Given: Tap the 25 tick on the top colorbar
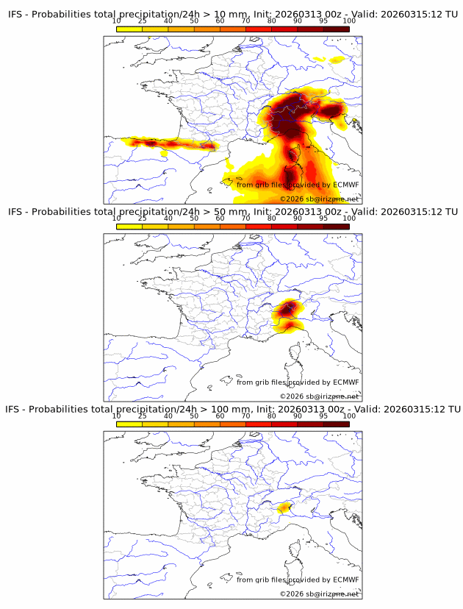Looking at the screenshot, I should coord(143,21).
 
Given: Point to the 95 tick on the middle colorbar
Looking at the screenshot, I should coord(323,218).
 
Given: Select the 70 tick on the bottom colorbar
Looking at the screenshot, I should coord(245,416).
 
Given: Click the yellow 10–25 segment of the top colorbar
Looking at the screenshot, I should coord(129,29).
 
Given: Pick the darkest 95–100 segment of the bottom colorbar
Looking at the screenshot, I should coord(337,424).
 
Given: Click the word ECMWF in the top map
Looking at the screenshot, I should coord(346,185).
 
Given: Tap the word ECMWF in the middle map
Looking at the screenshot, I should coord(346,382).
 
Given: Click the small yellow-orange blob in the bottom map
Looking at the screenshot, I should coord(284,506).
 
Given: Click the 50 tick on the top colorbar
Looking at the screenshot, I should coord(194,21).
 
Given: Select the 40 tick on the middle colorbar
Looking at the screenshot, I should coord(168,218).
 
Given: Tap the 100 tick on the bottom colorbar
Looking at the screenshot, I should coord(348,416).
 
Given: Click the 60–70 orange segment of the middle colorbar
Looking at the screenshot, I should coord(233,227).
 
